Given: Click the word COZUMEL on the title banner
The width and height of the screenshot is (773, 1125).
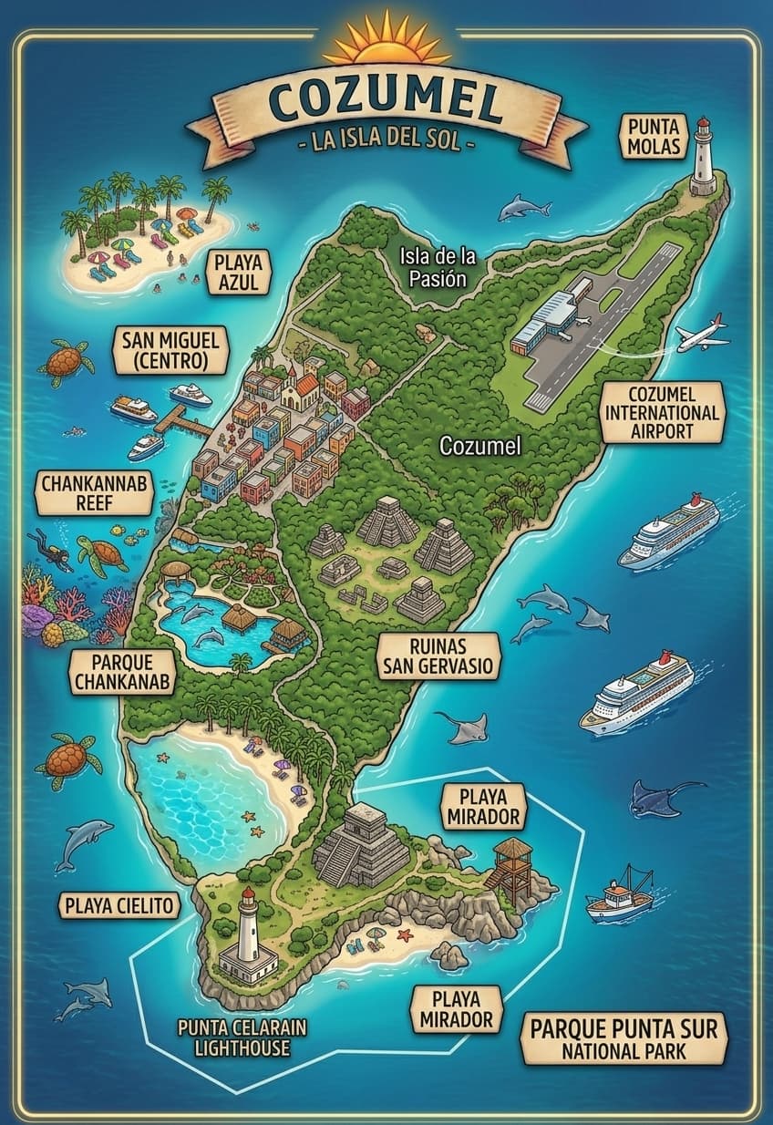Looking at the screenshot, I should (x=386, y=102).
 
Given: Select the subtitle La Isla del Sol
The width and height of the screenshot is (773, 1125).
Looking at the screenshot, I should (x=386, y=144).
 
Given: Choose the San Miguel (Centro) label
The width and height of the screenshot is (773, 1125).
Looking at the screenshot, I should (x=170, y=351).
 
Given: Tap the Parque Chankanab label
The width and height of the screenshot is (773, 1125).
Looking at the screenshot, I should (x=121, y=672).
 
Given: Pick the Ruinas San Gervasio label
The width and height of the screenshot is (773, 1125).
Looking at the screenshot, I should (x=438, y=655).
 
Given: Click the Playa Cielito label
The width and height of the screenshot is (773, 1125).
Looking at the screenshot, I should (x=119, y=905).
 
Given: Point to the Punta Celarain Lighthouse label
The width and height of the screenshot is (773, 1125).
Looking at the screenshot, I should (x=242, y=1037).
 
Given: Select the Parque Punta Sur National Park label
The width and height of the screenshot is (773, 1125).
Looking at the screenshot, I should (x=624, y=1038).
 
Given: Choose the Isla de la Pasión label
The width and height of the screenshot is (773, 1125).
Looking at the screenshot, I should (x=438, y=267).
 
